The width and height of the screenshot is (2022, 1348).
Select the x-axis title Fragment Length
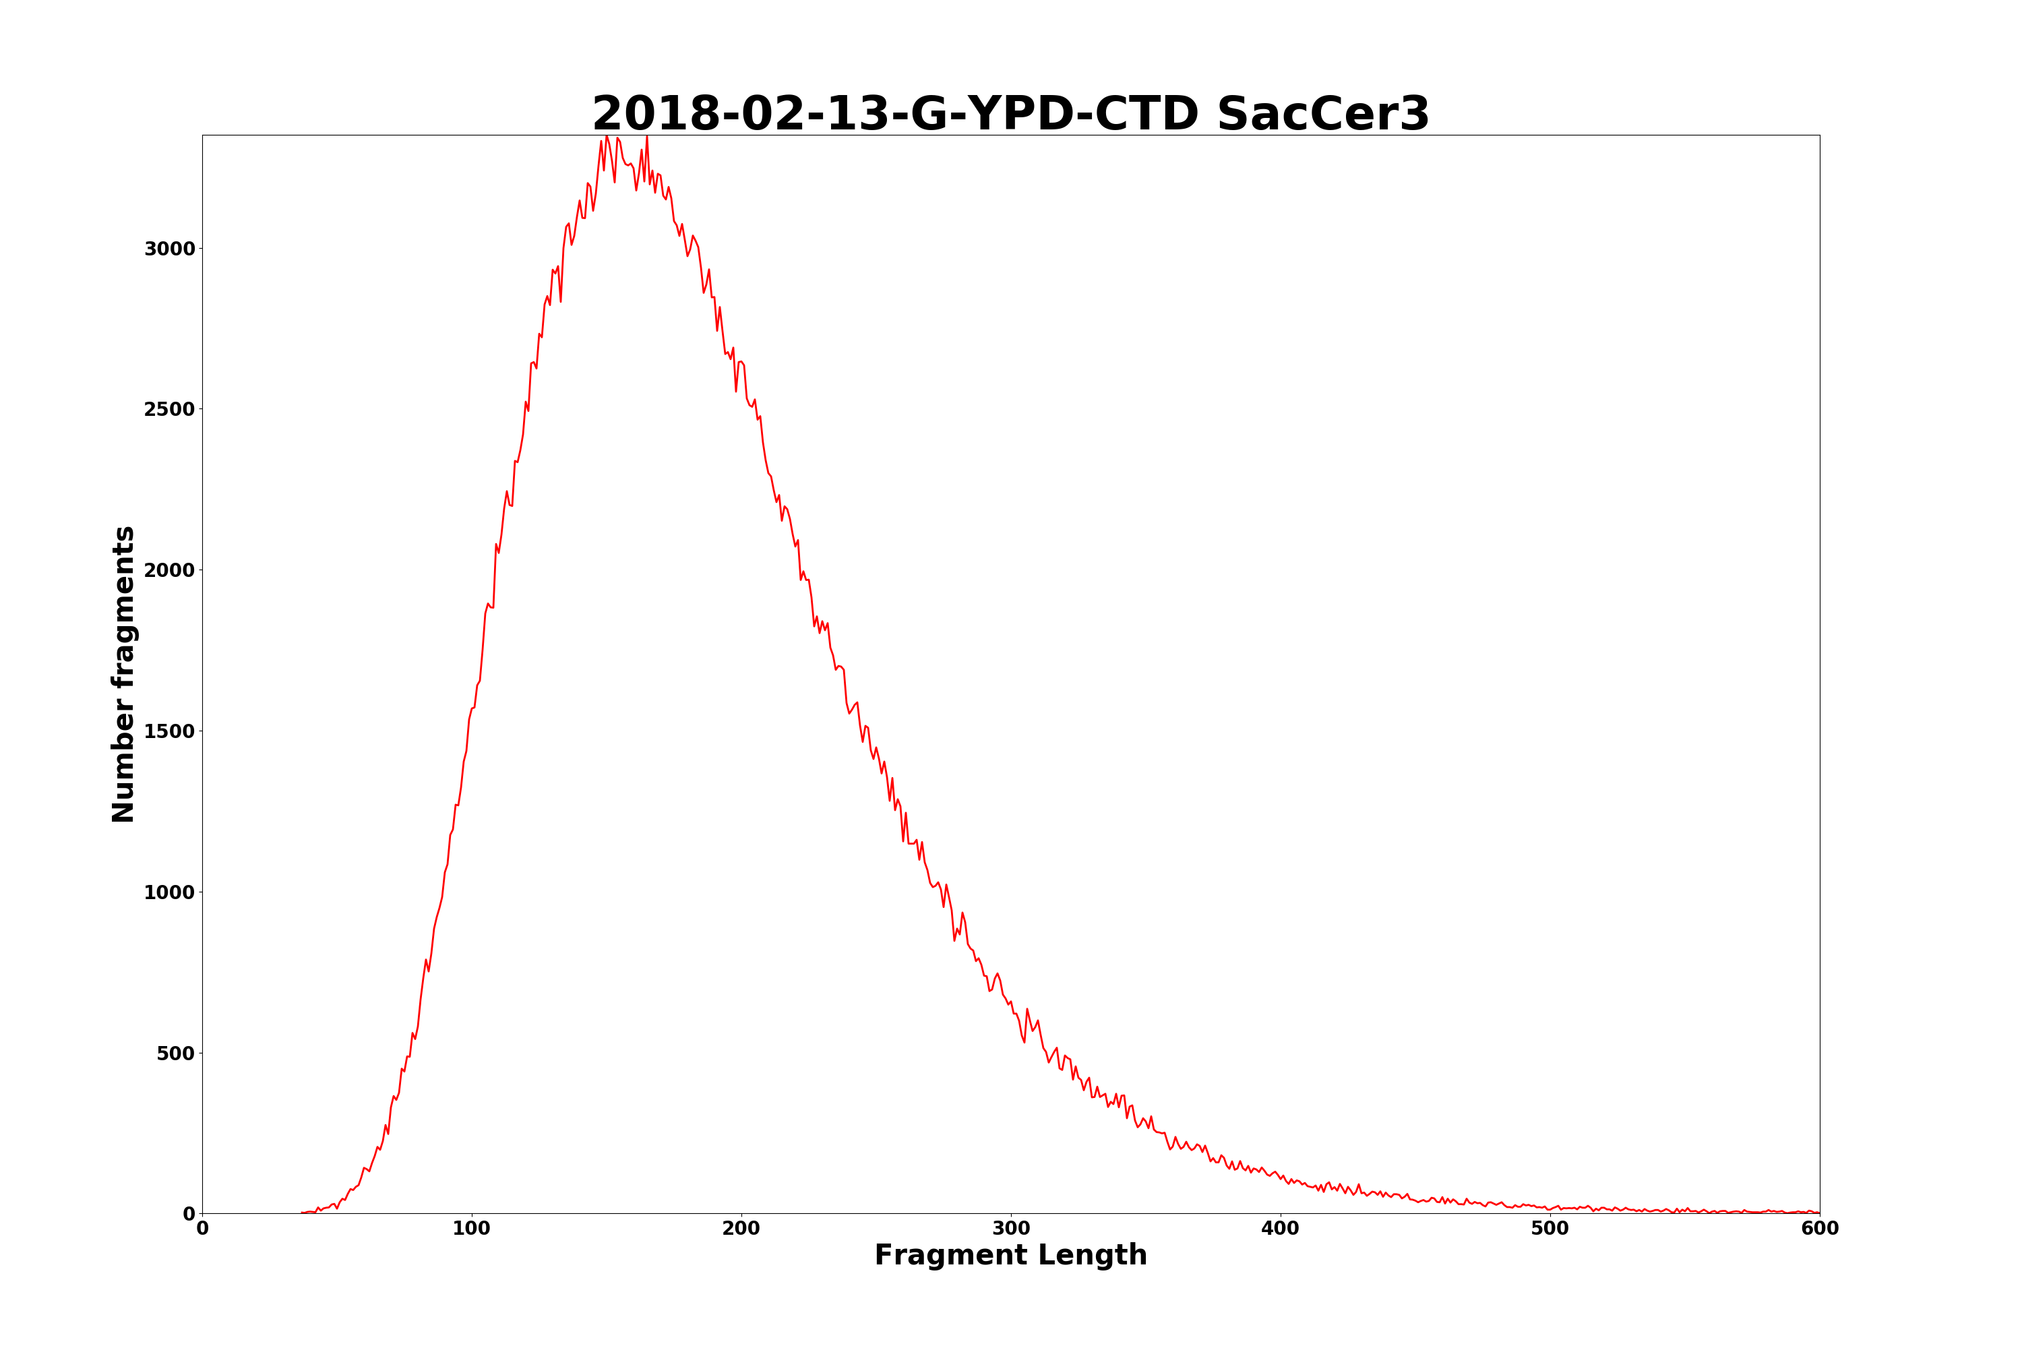pos(1010,1255)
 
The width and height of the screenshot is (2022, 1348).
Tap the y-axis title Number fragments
pos(124,674)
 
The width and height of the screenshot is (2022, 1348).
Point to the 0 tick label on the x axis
pos(203,1229)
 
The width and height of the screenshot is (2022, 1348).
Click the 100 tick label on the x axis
pos(472,1229)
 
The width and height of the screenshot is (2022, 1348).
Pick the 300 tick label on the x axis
pos(1011,1229)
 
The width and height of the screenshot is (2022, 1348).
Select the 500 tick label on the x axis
pos(1550,1229)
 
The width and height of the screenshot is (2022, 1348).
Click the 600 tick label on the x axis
pos(1819,1229)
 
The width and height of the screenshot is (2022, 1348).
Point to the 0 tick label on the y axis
pos(189,1214)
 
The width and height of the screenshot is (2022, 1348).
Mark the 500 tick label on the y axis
pos(175,1053)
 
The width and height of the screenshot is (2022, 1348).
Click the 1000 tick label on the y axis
pos(169,892)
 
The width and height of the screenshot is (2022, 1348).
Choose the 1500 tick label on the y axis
pos(169,731)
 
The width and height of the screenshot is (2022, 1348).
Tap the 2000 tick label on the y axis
pos(169,570)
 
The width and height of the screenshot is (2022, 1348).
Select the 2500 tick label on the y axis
pos(169,409)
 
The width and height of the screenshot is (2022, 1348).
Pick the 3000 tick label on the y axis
pos(169,249)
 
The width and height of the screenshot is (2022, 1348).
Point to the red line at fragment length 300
pos(1011,1002)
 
